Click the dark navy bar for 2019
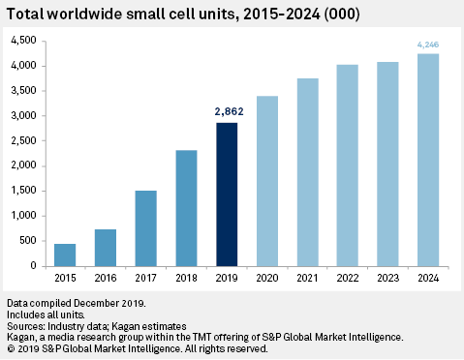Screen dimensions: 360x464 click(226, 194)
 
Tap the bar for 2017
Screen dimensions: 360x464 click(144, 227)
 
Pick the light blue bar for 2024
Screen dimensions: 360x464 click(427, 160)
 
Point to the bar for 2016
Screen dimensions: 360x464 click(105, 247)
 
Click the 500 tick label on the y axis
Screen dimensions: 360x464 click(27, 241)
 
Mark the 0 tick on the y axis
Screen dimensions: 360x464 click(33, 265)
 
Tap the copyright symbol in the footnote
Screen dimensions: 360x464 click(10, 347)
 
